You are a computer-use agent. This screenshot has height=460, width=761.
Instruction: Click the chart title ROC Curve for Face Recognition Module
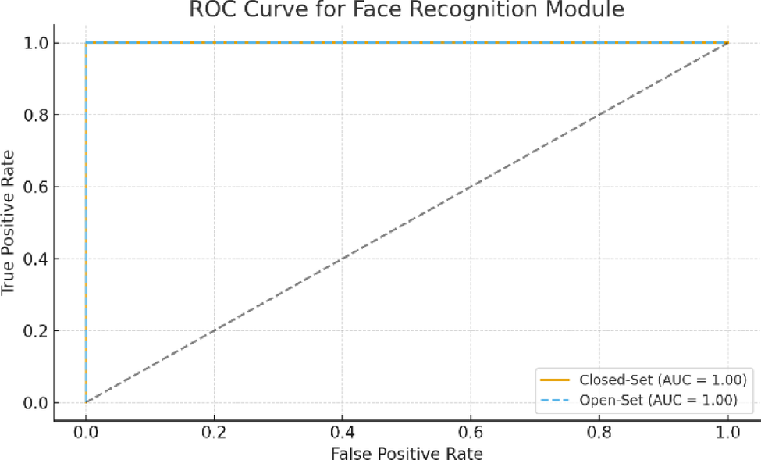pos(407,10)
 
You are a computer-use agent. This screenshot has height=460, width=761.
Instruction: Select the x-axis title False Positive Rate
pos(407,452)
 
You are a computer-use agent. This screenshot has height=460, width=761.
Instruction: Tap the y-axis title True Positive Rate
pos(9,223)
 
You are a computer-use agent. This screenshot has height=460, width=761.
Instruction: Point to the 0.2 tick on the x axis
pos(214,432)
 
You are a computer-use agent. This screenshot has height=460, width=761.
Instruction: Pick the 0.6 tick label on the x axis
pos(471,432)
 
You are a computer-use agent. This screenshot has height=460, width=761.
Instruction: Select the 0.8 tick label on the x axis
pos(599,432)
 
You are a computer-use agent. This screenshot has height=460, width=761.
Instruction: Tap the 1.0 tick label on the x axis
pos(727,432)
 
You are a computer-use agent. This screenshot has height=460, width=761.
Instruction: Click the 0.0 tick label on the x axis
pos(86,432)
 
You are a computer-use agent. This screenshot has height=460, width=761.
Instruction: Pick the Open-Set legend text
pos(659,400)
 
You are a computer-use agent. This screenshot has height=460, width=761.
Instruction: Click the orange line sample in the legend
pos(555,380)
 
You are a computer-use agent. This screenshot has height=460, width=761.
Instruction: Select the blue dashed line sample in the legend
pos(555,400)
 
